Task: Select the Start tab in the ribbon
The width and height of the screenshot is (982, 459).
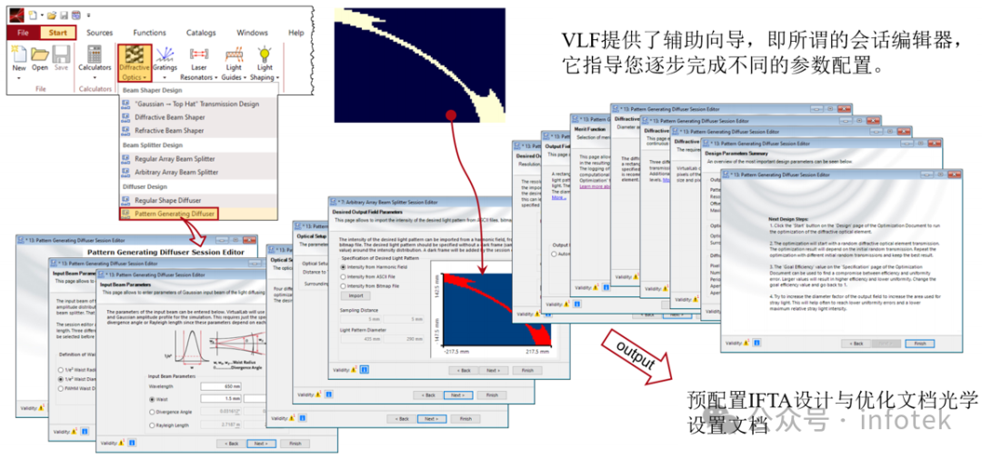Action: [x=57, y=33]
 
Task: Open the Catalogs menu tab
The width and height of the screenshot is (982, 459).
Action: [x=201, y=33]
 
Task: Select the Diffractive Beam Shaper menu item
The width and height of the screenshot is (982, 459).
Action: [x=163, y=117]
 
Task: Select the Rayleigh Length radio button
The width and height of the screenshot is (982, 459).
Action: [x=152, y=424]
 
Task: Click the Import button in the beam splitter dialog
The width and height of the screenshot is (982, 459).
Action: [x=356, y=295]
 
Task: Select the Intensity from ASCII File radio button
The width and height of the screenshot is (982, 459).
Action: [x=344, y=276]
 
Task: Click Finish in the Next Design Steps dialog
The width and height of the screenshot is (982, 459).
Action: [x=919, y=344]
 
